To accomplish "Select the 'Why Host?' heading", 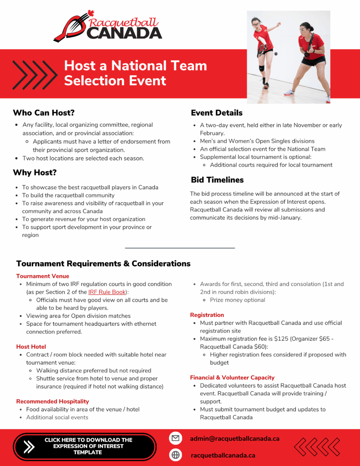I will [35, 173].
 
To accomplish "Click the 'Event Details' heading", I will [217, 113].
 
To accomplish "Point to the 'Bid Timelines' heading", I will [217, 180].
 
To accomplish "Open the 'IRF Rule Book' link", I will [107, 292].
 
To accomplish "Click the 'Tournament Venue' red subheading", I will [42, 276].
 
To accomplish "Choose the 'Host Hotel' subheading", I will [31, 347].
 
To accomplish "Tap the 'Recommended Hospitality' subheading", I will [52, 401].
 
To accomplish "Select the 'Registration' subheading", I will [207, 315].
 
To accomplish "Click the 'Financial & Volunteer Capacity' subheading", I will [232, 377].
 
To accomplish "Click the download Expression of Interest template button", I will [85, 446].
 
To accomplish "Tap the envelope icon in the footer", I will [175, 438].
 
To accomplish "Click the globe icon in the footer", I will [175, 455].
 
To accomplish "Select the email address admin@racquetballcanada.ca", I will [235, 438].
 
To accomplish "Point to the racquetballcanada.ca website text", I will [223, 455].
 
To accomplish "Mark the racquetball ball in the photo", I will [275, 54].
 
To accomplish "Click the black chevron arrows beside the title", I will [35, 74].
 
